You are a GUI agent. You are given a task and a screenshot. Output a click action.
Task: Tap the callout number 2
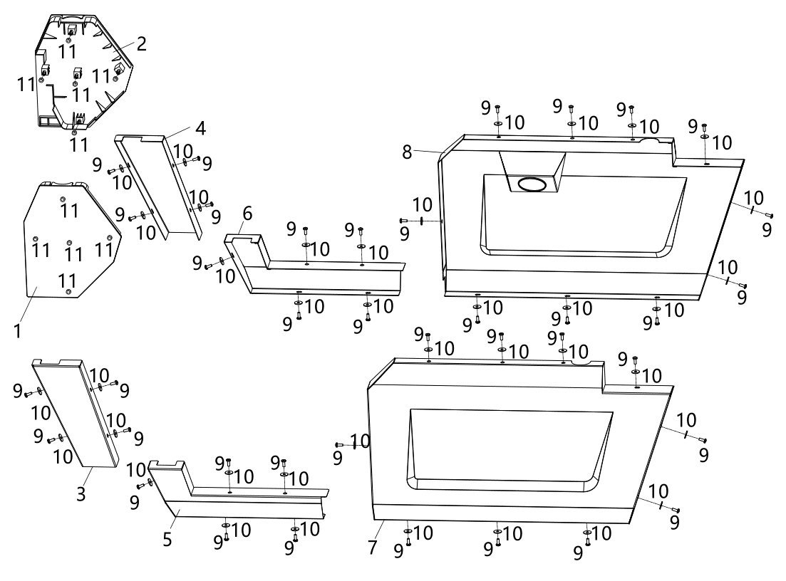tap(141, 43)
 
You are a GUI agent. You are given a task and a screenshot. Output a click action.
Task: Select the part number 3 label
tap(81, 493)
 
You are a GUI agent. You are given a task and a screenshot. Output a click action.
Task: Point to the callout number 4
tap(200, 129)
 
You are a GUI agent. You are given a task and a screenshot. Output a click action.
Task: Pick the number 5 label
tap(167, 539)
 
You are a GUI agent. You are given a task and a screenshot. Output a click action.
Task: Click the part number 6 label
tap(247, 213)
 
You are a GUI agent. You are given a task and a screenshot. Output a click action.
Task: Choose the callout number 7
tap(372, 547)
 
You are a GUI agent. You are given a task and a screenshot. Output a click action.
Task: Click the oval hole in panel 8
tap(533, 184)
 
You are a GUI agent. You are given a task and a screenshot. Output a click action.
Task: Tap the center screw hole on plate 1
tap(69, 241)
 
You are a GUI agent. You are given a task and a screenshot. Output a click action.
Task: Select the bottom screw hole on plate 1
tap(67, 290)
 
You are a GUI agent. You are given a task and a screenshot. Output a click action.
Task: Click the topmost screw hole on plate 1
tap(63, 199)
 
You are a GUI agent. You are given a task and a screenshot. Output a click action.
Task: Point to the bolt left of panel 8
tap(403, 221)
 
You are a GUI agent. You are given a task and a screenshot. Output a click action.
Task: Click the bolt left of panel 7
tap(339, 444)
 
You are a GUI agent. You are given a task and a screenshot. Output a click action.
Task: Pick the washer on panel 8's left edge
tap(423, 221)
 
